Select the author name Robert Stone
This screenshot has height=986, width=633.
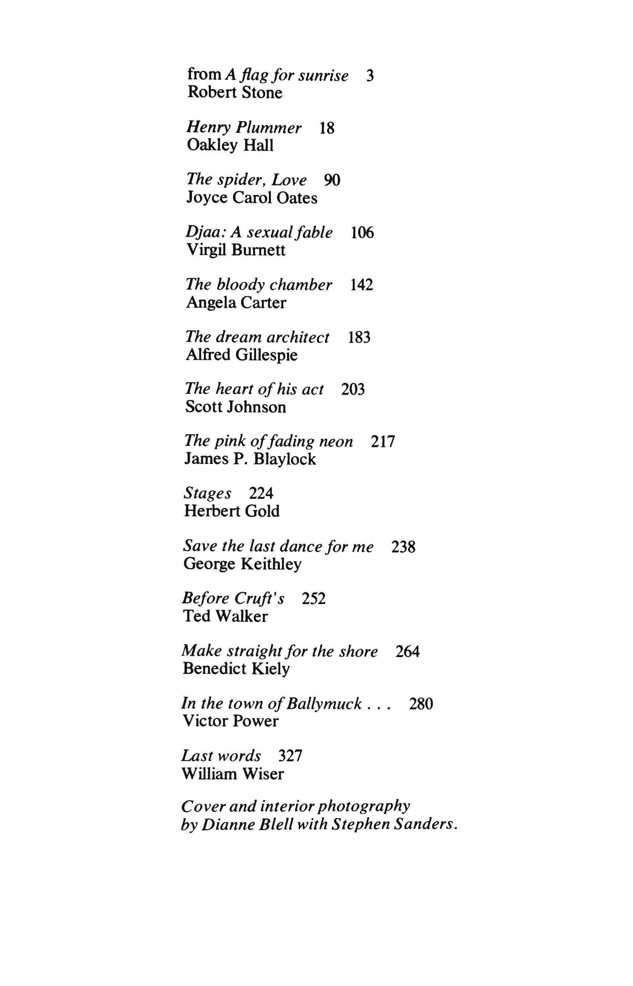(235, 93)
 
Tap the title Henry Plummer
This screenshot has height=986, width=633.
(244, 128)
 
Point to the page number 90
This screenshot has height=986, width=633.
(332, 180)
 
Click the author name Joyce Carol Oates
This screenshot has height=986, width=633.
(251, 198)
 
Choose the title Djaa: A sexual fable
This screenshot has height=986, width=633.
(259, 233)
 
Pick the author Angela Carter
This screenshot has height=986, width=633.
(236, 303)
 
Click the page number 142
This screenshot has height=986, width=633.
(361, 285)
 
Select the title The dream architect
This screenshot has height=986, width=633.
(257, 337)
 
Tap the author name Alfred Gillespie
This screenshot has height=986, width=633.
(241, 355)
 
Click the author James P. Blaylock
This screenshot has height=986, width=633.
(250, 459)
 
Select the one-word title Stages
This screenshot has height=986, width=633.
(208, 494)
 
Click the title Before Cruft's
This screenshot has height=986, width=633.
(233, 599)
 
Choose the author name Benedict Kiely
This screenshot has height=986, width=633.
(236, 669)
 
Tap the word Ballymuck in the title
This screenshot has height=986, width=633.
(324, 704)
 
